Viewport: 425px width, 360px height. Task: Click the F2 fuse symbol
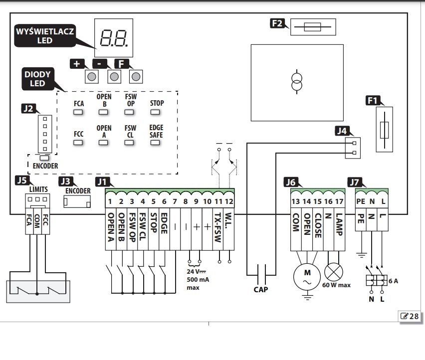(313, 27)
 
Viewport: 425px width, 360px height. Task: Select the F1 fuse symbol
(384, 130)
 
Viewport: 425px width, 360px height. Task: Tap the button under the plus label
(92, 77)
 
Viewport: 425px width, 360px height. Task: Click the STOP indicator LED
(155, 112)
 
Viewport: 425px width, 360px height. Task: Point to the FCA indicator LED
(78, 112)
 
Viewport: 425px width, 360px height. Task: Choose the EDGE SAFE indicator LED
(155, 143)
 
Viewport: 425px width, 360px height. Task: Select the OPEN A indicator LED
(103, 143)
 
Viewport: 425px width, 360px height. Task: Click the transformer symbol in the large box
(297, 82)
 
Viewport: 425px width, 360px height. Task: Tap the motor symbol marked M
(307, 277)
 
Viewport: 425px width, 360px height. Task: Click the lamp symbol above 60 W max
(334, 272)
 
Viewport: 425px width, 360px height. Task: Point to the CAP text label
(261, 290)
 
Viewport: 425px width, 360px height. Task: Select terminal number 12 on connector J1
(229, 201)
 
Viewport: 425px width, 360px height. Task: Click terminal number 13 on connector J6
(296, 201)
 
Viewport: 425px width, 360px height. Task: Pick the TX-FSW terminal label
(218, 227)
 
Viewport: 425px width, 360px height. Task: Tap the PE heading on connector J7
(361, 201)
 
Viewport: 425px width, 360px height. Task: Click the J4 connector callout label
(342, 131)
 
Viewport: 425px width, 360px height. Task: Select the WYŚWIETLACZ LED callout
(45, 36)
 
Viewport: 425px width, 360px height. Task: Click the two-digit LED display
(114, 38)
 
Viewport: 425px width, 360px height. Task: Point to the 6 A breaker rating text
(393, 281)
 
